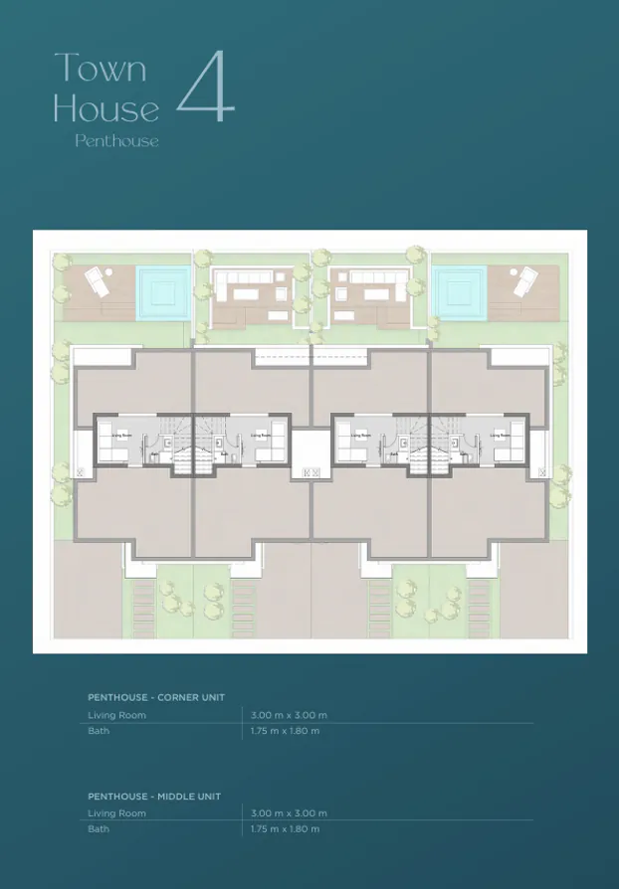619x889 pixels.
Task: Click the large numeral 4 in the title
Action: pyautogui.click(x=206, y=89)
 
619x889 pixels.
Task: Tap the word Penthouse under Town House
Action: pyautogui.click(x=116, y=141)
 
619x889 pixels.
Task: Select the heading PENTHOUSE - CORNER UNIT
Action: pyautogui.click(x=156, y=697)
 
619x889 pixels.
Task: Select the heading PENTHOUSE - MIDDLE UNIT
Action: pyautogui.click(x=154, y=796)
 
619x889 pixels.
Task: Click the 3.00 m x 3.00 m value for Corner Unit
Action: pyautogui.click(x=290, y=715)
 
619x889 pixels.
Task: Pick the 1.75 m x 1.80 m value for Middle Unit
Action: pyautogui.click(x=286, y=829)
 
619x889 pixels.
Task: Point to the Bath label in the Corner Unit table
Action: pyautogui.click(x=99, y=731)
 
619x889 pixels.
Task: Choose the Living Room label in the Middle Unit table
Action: pyautogui.click(x=116, y=813)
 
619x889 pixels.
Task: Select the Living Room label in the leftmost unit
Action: pyautogui.click(x=121, y=435)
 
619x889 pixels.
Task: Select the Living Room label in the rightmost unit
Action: pyautogui.click(x=500, y=435)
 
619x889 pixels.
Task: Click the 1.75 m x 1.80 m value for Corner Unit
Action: pyautogui.click(x=286, y=731)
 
